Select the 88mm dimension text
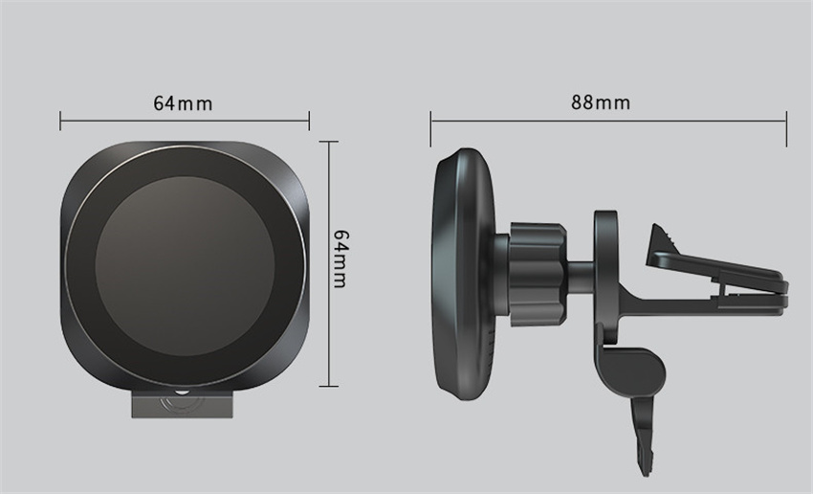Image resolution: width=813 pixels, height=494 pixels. (601, 102)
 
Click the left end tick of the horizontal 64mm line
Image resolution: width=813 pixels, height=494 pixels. (60, 121)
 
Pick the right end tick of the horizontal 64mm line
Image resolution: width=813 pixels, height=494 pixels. (309, 121)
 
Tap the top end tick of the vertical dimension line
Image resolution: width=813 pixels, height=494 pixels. (328, 142)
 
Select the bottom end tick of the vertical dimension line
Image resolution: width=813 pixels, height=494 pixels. (328, 386)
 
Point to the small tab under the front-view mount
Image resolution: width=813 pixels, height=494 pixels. (182, 403)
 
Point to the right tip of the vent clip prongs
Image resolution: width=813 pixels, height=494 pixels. (783, 291)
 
